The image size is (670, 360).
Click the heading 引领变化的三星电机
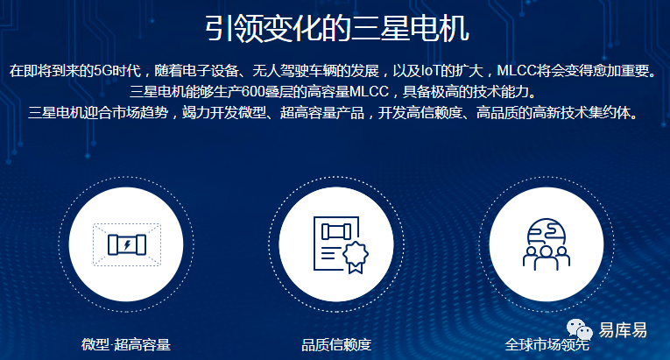(x=336, y=29)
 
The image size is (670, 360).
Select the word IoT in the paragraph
(x=441, y=70)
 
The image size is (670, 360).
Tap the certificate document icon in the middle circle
(x=336, y=244)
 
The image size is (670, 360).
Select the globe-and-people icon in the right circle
(x=547, y=243)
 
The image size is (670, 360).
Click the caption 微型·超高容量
(x=125, y=344)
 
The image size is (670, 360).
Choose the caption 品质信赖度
(x=336, y=344)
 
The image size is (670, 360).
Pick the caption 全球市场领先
(x=547, y=344)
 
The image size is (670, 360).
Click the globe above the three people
(x=547, y=229)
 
